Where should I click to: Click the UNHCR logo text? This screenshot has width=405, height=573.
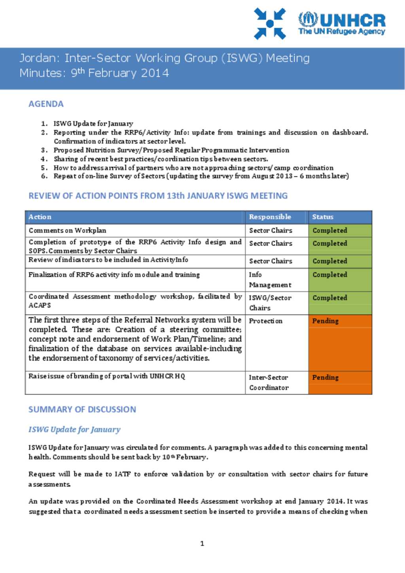[x=342, y=24]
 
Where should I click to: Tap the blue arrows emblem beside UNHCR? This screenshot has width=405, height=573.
[x=270, y=24]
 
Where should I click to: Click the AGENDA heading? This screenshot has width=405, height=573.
[x=46, y=104]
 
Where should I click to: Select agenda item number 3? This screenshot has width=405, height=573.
[x=171, y=150]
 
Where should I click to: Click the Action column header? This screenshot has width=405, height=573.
[x=40, y=217]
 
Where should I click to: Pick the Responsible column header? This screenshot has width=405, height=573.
[x=270, y=217]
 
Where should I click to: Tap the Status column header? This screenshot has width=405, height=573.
[x=323, y=217]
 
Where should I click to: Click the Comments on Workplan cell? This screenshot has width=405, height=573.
[x=67, y=230]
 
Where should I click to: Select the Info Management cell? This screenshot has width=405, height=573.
[x=270, y=280]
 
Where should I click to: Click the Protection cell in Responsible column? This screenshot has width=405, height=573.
[x=265, y=321]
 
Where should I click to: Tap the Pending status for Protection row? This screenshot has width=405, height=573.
[x=325, y=321]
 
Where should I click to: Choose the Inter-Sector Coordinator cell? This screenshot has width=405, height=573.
[x=269, y=382]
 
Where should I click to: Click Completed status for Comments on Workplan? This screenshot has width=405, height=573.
[x=329, y=230]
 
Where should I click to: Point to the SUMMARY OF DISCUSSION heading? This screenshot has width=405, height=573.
[x=82, y=409]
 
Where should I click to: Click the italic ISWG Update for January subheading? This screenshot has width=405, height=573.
[x=74, y=429]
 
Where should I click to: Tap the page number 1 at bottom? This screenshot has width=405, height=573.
[x=202, y=543]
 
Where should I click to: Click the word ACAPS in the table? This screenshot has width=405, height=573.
[x=40, y=305]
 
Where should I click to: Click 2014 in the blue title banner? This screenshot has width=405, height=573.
[x=155, y=73]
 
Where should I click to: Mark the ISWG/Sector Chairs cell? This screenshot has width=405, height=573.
[x=270, y=303]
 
